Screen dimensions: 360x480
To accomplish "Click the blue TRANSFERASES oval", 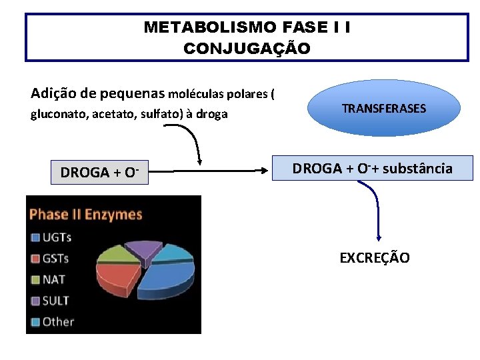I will tap(383, 108).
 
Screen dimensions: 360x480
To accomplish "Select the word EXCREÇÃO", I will tap(374, 257).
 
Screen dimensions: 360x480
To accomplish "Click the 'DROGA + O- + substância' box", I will tap(373, 169).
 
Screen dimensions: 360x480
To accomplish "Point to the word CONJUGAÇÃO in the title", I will tap(247, 49).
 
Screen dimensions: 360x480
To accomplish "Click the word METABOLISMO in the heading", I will tap(201, 27).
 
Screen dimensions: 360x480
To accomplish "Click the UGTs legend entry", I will tap(57, 237).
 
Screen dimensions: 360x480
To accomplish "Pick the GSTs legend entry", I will tap(56, 258).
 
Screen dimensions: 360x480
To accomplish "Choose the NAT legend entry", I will tap(53, 279).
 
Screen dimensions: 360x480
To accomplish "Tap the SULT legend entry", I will tap(55, 301).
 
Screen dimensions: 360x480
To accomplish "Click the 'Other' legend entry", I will tap(58, 321).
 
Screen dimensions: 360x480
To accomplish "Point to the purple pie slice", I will tap(141, 248).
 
